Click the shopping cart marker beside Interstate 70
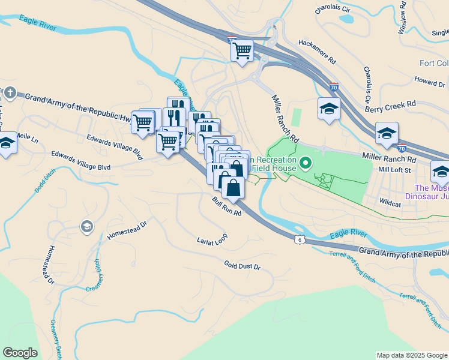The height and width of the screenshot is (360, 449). click(242, 51)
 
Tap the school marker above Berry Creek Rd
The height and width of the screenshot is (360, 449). click(329, 109)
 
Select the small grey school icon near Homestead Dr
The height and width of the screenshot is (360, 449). click(86, 226)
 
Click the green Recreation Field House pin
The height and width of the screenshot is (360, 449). click(306, 163)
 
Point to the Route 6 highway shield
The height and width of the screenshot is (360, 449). click(299, 240)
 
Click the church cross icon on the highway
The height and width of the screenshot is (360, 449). click(10, 92)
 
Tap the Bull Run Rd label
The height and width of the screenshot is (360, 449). click(226, 206)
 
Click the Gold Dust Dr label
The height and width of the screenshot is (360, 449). click(243, 265)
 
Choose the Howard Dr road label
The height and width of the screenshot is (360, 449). click(429, 80)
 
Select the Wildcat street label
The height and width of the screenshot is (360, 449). click(390, 204)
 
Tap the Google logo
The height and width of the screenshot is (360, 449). click(20, 353)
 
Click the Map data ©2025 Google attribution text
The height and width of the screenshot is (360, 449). click(412, 355)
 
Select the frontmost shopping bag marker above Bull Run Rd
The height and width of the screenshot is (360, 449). click(233, 188)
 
